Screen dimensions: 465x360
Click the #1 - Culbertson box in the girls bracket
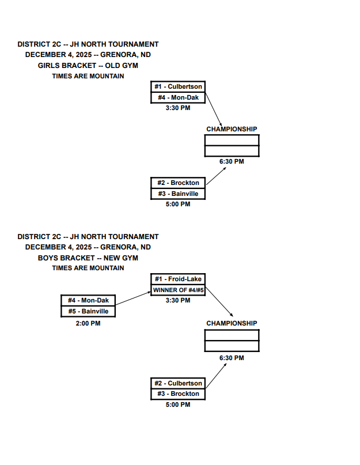(178, 87)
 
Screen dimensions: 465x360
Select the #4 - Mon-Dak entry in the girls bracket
(178, 97)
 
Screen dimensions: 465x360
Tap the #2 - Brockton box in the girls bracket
(178, 183)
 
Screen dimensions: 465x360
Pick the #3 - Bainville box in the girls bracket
(178, 194)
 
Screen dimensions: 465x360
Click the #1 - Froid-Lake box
(178, 279)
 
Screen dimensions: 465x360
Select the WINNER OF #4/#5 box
(178, 290)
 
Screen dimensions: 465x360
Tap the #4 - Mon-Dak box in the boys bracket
(88, 301)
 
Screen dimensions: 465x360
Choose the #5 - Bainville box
(88, 311)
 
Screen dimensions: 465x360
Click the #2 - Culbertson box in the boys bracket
(178, 383)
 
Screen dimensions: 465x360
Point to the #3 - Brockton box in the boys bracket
(178, 394)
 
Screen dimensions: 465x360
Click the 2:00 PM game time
(88, 324)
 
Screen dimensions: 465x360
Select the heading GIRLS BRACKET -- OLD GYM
(88, 66)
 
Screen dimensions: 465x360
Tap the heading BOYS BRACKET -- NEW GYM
(88, 258)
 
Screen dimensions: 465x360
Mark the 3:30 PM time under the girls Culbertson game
(178, 108)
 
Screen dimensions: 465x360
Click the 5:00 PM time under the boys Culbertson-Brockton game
(178, 404)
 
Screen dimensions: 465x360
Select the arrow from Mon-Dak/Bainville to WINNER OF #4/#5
(133, 298)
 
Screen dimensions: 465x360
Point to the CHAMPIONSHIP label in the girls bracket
(232, 130)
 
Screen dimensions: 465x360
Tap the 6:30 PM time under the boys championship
(232, 358)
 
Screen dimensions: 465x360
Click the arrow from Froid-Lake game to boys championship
(219, 301)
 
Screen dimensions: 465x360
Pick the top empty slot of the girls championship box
(232, 141)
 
